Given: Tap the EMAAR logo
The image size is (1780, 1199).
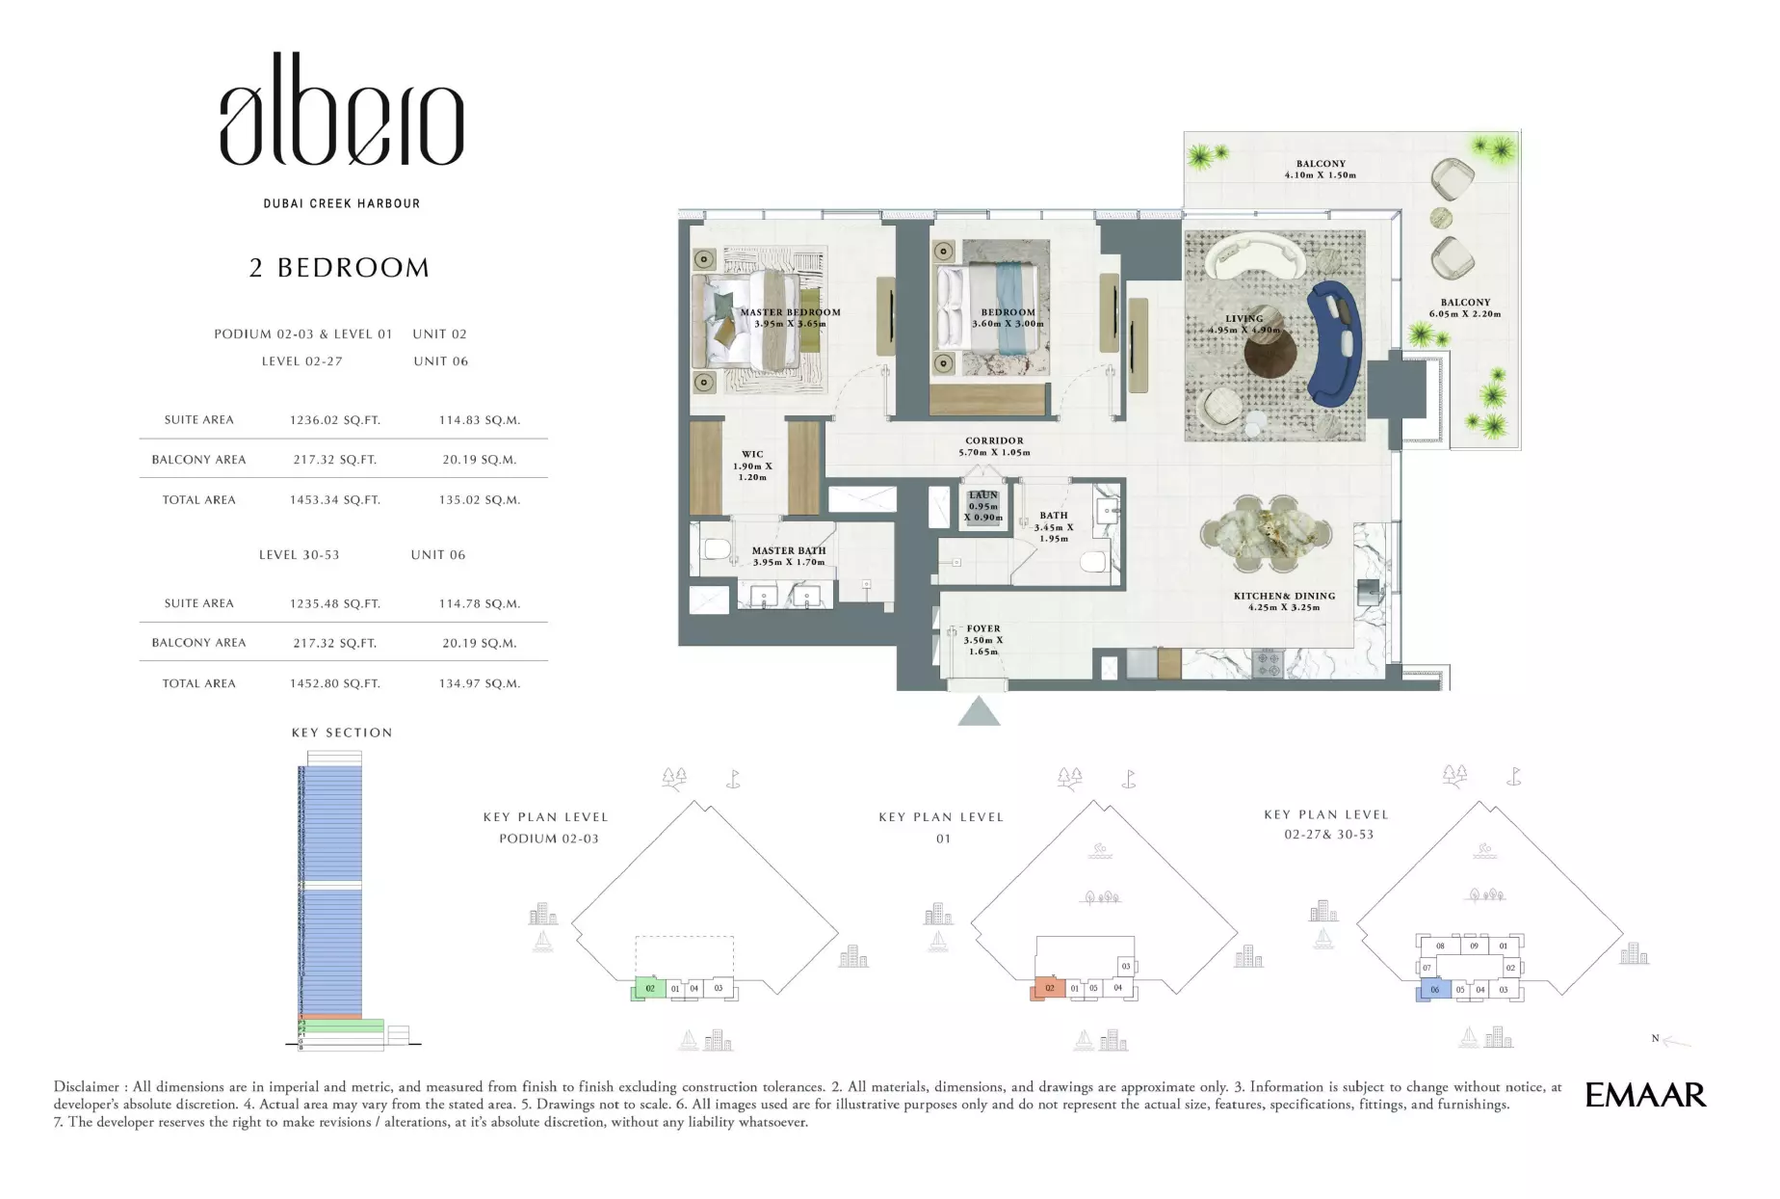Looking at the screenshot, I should (x=1645, y=1095).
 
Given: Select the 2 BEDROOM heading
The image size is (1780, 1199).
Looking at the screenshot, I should (x=339, y=268).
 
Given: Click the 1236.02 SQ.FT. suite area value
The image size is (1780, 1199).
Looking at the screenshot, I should (x=334, y=420).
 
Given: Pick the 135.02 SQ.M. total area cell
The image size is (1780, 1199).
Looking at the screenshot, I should (x=479, y=500).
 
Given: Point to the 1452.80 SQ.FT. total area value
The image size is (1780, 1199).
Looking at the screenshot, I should (x=334, y=683).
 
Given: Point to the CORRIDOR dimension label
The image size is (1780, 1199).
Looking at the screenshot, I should (x=994, y=446).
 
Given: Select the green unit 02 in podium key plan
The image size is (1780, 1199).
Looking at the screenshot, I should (x=650, y=988).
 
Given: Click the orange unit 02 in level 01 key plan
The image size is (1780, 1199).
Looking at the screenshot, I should (x=1049, y=988).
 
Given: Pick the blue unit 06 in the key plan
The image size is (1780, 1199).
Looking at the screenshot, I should (x=1434, y=990).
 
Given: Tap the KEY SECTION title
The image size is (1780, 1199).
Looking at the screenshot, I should (x=342, y=733).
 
